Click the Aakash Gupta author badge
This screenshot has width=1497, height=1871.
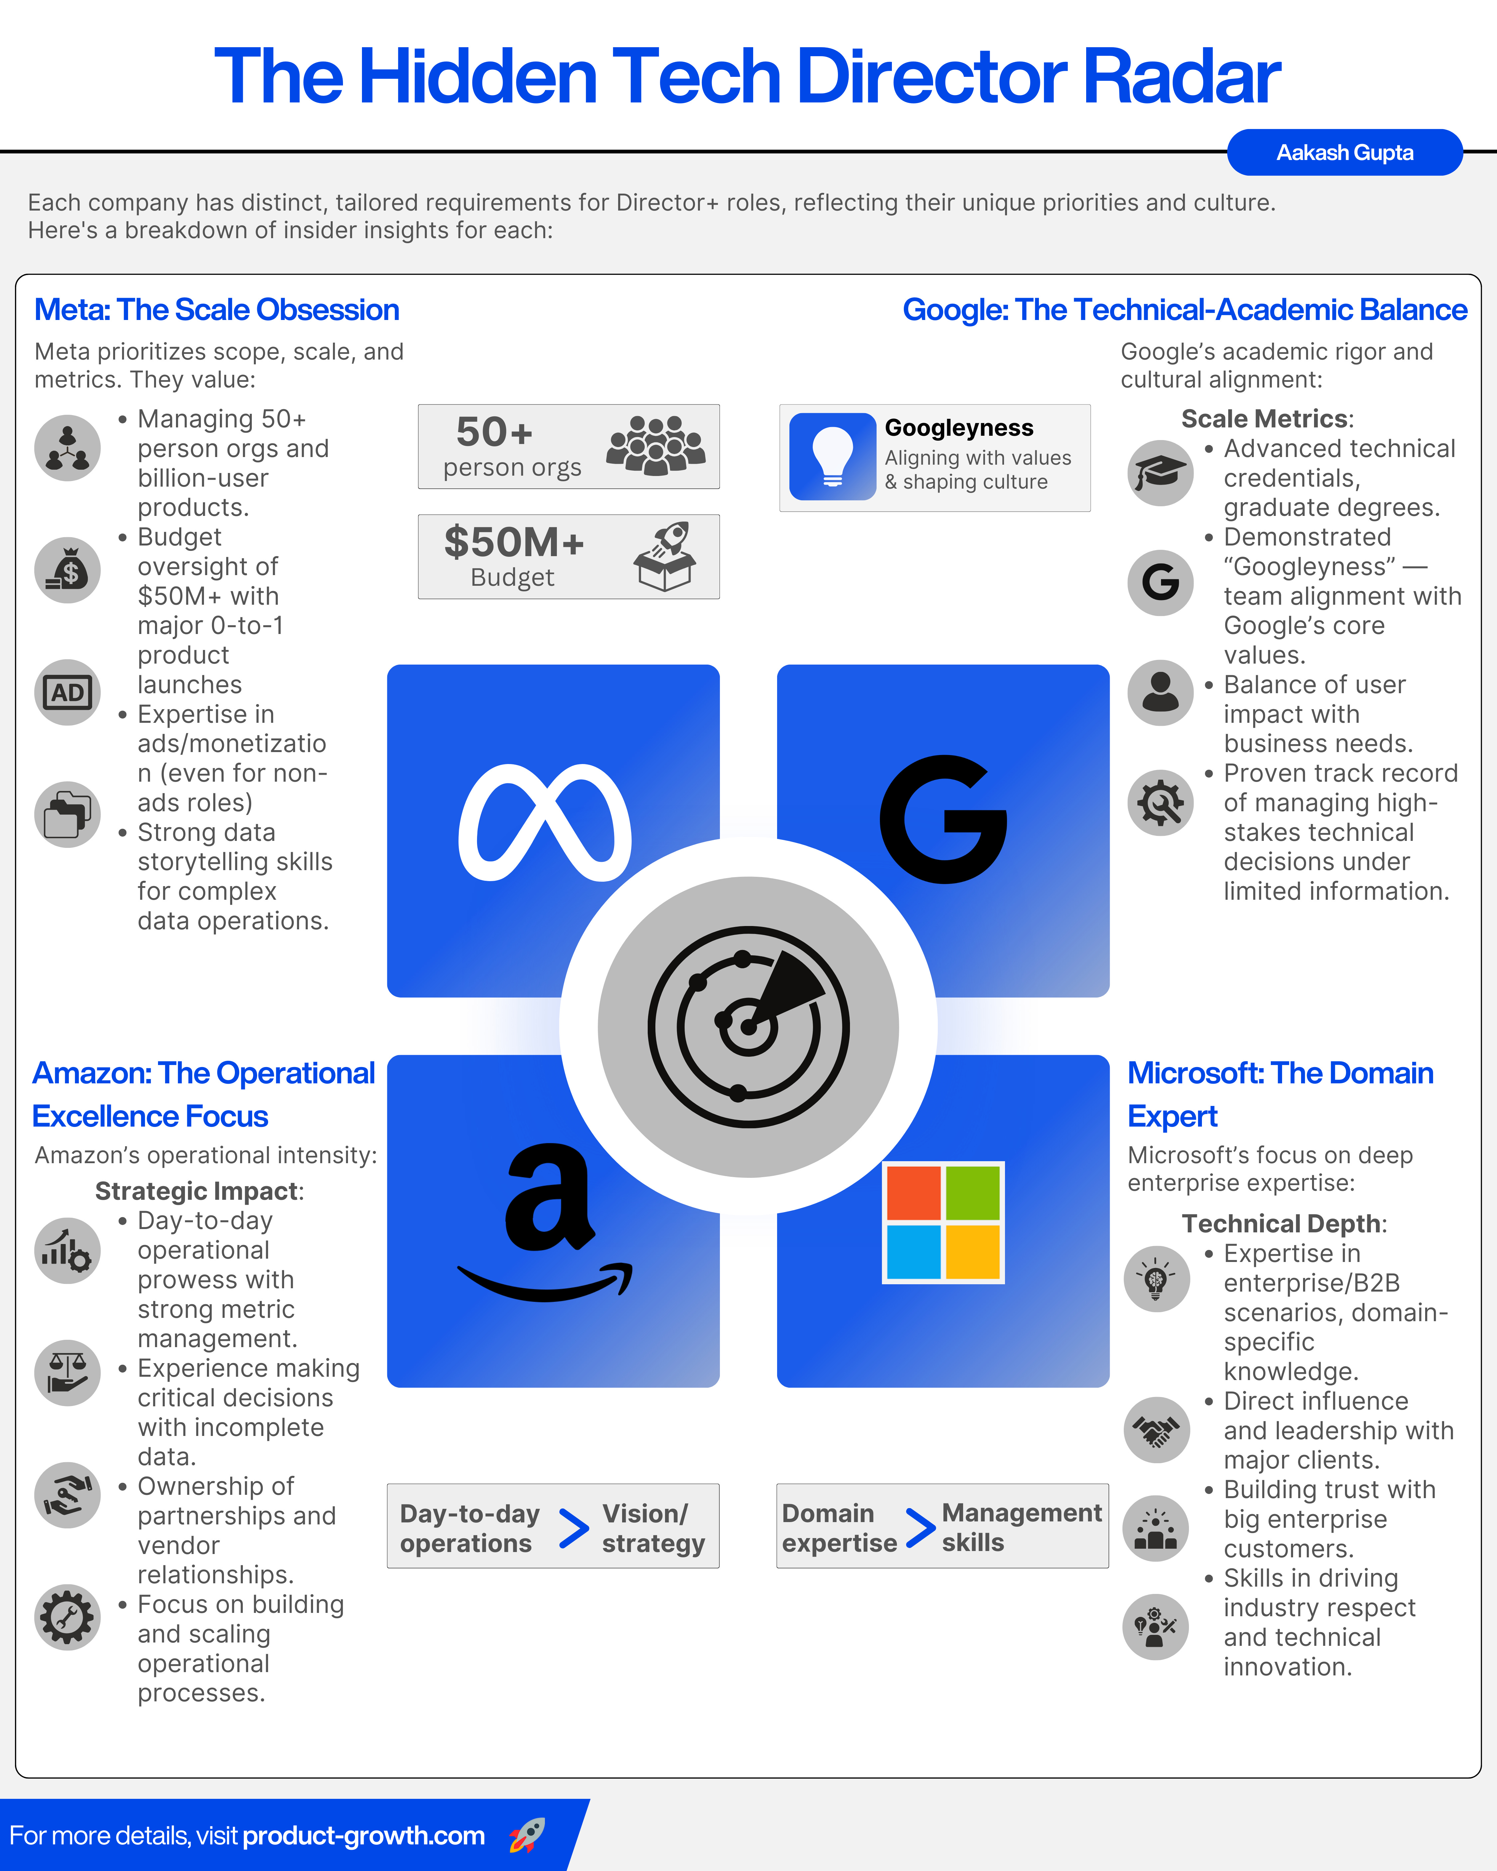tap(1344, 153)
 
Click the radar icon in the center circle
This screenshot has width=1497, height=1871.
tap(748, 1026)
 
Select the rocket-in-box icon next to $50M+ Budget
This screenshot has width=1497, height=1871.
tap(665, 556)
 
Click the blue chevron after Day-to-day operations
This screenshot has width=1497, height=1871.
tap(574, 1528)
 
